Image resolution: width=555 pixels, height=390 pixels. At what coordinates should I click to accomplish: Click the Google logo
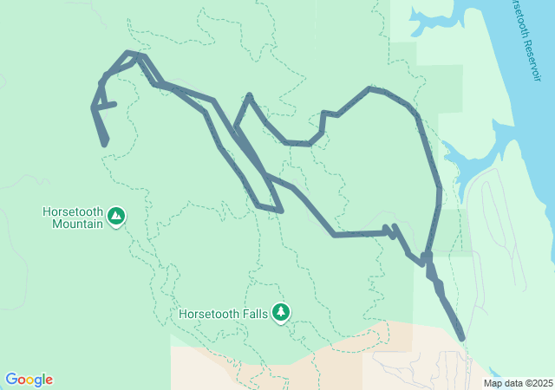click(x=29, y=380)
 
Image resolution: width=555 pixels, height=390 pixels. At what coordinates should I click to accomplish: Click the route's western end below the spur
click(x=106, y=143)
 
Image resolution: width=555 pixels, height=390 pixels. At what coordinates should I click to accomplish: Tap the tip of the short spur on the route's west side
click(x=114, y=104)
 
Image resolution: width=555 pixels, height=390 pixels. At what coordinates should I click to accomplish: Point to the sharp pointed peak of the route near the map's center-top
click(x=250, y=95)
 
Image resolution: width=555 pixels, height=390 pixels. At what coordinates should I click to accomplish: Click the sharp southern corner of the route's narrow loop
click(x=282, y=211)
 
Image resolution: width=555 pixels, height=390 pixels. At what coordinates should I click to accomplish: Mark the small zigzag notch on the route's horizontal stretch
click(x=390, y=230)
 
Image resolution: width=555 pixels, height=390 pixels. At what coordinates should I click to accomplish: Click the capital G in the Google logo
click(x=11, y=379)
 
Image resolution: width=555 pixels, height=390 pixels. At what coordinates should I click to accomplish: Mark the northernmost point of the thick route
click(x=132, y=53)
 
